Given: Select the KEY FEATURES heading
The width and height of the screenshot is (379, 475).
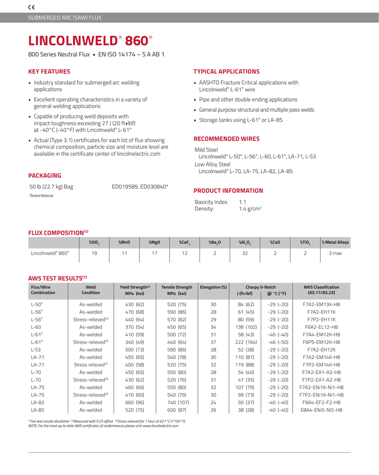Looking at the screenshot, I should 50,71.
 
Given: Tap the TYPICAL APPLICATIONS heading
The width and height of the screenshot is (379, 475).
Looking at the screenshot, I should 226,71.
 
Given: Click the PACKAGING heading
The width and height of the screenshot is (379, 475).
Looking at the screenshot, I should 45,175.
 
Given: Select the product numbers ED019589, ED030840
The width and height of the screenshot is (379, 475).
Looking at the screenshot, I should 140,187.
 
